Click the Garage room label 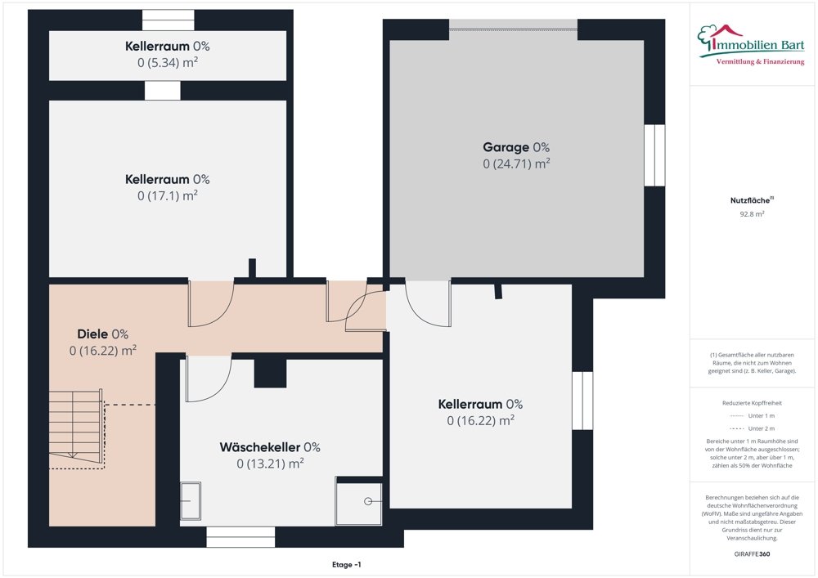(515, 147)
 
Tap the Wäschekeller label (269, 447)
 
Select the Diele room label (102, 334)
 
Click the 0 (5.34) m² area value (168, 63)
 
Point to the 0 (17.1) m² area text (168, 195)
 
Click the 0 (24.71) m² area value (515, 164)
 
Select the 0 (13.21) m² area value (270, 464)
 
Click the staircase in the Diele (75, 425)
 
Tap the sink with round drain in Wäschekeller (358, 500)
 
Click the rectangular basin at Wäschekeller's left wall (191, 500)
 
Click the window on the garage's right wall (654, 155)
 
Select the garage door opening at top (513, 29)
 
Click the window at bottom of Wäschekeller (240, 536)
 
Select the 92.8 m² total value (752, 214)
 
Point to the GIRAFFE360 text (752, 553)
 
